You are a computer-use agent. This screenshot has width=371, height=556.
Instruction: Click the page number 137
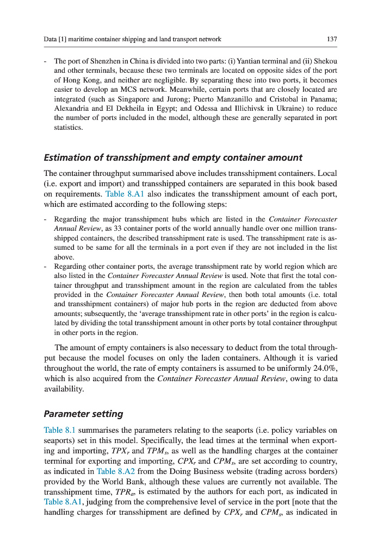(x=332, y=39)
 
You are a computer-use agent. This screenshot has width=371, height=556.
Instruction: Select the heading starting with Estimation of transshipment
(x=172, y=157)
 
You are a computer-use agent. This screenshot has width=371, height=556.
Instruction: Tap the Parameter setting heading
(x=83, y=414)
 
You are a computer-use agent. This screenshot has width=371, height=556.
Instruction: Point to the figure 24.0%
(x=324, y=369)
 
